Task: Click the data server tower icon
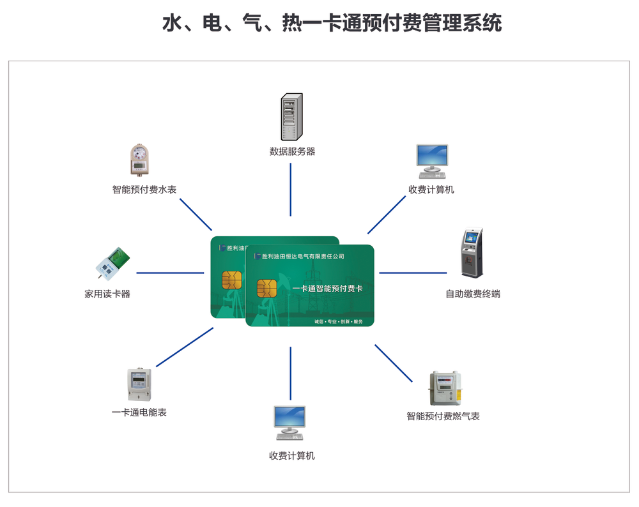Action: tap(292, 117)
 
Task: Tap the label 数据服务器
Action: tap(292, 151)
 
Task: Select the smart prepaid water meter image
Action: tap(139, 160)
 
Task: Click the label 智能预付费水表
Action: tap(144, 190)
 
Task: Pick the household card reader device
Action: tap(112, 264)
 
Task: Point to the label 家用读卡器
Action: tap(107, 294)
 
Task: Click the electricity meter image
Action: tap(139, 384)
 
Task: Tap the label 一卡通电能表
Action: tap(139, 412)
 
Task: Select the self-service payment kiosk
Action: tap(472, 253)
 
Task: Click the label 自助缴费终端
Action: tap(473, 294)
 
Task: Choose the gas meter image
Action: tap(445, 388)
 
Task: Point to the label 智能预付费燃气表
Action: tap(443, 416)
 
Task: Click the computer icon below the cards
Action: tap(290, 423)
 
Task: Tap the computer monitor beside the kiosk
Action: tap(432, 162)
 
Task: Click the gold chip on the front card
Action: tap(267, 289)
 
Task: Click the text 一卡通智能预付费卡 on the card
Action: tap(327, 289)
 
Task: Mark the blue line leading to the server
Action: tap(291, 190)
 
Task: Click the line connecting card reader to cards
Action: tap(170, 273)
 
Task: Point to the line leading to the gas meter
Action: tap(393, 363)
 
